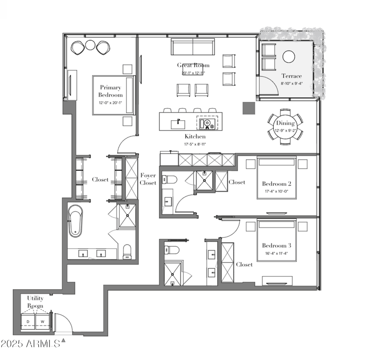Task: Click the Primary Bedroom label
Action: [x=110, y=91]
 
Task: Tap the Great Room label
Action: [x=193, y=65]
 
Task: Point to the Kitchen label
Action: [x=195, y=136]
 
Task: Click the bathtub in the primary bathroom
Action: [x=75, y=220]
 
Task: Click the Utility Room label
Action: [x=35, y=302]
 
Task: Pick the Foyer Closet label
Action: [x=148, y=179]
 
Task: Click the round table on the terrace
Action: [x=288, y=57]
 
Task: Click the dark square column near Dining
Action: [x=248, y=109]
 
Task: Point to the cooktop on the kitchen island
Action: [x=207, y=124]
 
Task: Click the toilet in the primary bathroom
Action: [x=126, y=251]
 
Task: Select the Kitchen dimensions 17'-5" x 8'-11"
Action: [x=195, y=144]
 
